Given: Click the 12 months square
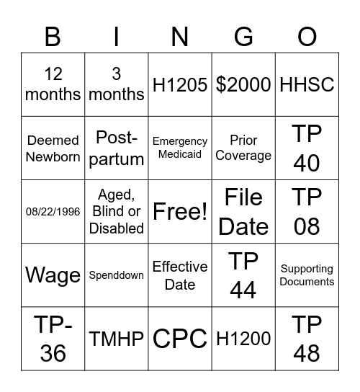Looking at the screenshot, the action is [53, 84].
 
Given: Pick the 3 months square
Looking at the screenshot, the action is [117, 84].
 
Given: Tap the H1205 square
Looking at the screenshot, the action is [180, 84].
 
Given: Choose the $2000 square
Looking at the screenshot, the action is [243, 84].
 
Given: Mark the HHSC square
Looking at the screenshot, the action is [307, 84].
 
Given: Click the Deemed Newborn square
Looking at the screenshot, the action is [53, 148].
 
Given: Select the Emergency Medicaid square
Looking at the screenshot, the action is [180, 148].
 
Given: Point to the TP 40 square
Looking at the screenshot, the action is [307, 148].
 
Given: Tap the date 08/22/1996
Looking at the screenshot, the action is [53, 212].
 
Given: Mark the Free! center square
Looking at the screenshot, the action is [180, 212].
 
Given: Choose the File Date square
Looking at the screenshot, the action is [243, 212].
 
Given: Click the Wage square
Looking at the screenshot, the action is [53, 275].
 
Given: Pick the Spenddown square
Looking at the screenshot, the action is [117, 275].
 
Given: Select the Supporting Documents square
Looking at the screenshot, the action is [307, 275].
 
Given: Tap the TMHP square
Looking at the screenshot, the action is [117, 339].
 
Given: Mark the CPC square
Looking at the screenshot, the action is [180, 339].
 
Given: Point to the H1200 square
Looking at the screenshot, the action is [243, 339].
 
